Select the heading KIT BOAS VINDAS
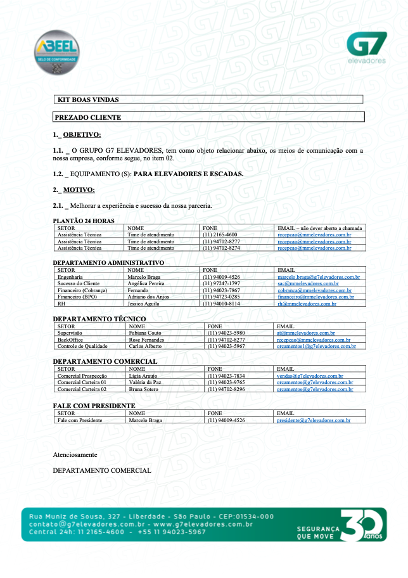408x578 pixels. [x=88, y=100]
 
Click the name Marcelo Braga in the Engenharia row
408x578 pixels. [x=144, y=277]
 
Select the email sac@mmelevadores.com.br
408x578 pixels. [x=307, y=284]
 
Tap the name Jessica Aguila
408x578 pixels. [x=145, y=304]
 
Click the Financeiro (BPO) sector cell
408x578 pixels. [x=77, y=297]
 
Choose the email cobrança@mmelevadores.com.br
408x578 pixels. [x=314, y=290]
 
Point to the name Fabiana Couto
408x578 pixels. [x=146, y=333]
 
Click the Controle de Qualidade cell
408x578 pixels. [x=82, y=346]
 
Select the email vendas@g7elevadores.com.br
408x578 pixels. [x=310, y=376]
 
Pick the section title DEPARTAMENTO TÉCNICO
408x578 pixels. [x=99, y=319]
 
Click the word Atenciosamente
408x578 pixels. [x=75, y=455]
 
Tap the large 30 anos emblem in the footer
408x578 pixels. [x=365, y=525]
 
